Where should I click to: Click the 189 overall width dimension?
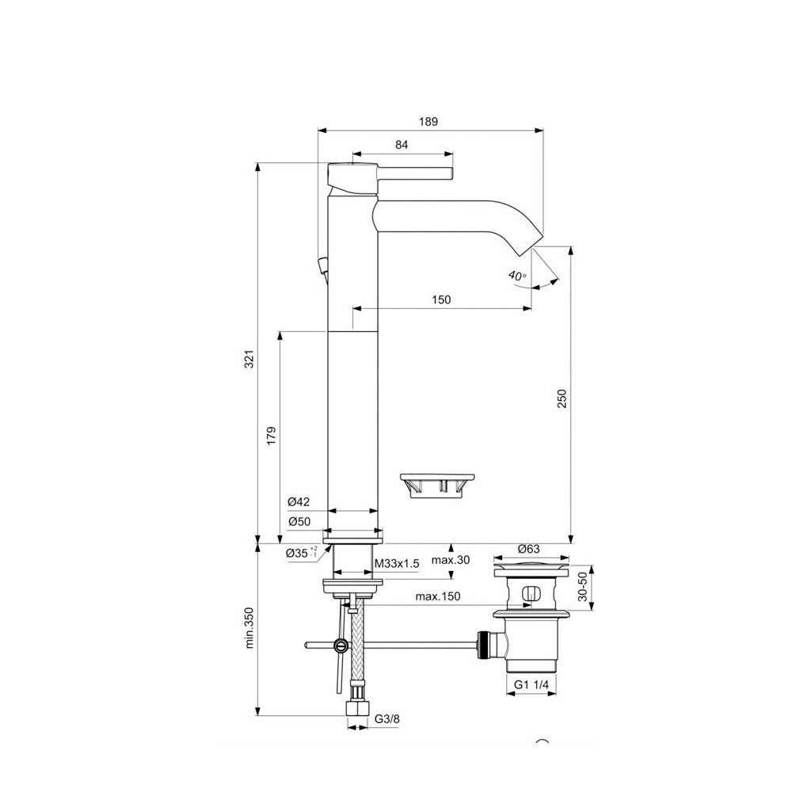(428, 121)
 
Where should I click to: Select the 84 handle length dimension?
(402, 144)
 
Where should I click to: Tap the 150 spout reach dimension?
(441, 299)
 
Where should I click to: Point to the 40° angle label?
(516, 276)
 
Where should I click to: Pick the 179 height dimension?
(271, 435)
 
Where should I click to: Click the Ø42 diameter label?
(299, 502)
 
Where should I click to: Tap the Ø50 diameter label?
(299, 521)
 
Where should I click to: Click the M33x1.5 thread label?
(396, 563)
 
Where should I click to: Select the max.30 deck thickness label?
(451, 560)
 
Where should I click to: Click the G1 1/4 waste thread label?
(531, 684)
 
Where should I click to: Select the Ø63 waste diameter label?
(528, 548)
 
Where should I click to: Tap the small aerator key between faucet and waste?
(436, 483)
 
